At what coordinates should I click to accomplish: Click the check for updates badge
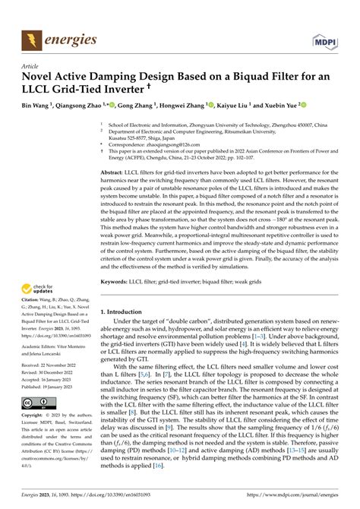point(35,289)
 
